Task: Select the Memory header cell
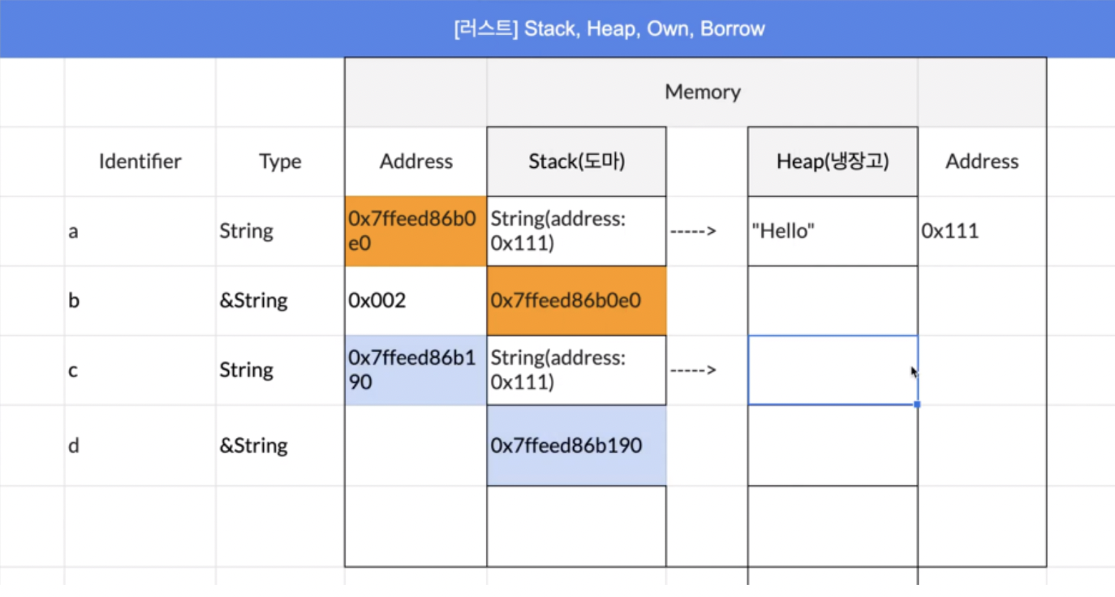702,92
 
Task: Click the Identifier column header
140,161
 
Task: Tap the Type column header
280,161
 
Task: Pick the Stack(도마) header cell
576,161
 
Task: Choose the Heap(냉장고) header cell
833,161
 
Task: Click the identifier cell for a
140,231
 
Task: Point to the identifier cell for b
140,301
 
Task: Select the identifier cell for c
140,371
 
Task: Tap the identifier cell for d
140,445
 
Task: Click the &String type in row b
254,301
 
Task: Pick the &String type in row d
254,445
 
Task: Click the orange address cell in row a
415,231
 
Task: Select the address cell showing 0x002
415,301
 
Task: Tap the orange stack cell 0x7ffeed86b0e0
576,301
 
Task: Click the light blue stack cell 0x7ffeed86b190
576,445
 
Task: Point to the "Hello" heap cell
833,231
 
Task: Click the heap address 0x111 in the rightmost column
950,231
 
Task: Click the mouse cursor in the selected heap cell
914,372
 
